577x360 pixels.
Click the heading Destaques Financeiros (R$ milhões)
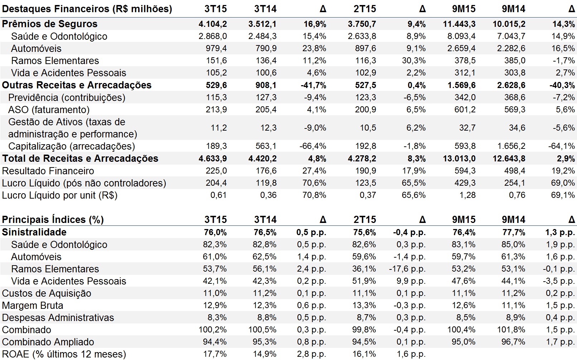coord(87,9)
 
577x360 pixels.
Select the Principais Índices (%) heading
coord(53,219)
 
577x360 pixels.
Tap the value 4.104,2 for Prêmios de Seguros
coord(213,24)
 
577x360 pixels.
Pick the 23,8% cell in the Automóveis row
coord(315,48)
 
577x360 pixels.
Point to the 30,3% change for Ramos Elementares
coord(414,60)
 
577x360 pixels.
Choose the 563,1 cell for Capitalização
coord(266,146)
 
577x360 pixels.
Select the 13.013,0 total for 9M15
coord(459,159)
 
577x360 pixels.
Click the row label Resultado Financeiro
coord(48,171)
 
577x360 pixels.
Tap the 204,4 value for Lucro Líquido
coord(216,183)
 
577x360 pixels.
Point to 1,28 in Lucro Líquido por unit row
coord(467,195)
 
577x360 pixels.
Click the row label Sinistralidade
coord(34,232)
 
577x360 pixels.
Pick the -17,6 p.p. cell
coord(407,269)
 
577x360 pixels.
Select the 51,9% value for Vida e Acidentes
coord(364,281)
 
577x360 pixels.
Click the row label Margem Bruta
coord(33,305)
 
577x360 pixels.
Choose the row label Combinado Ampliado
coord(48,342)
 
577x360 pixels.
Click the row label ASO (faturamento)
coord(49,110)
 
